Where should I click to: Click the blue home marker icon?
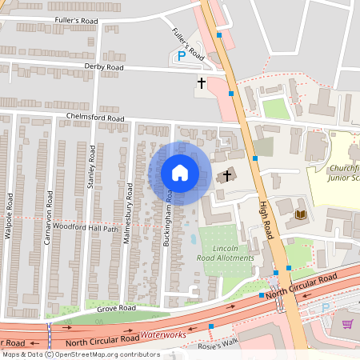(x=180, y=173)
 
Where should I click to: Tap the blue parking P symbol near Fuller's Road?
(x=181, y=57)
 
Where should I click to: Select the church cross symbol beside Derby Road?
(x=202, y=82)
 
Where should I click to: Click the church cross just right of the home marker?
(x=227, y=174)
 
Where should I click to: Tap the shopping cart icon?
(x=347, y=324)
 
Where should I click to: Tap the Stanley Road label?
(x=92, y=168)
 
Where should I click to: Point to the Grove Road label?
(x=116, y=306)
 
